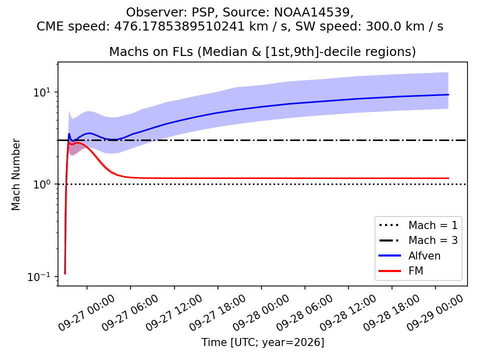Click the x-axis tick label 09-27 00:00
tap(86, 312)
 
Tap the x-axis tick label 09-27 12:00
tap(173, 312)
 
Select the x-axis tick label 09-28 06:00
tap(304, 312)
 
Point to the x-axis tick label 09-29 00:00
tap(434, 312)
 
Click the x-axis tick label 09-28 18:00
tap(391, 312)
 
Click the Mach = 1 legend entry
tap(418, 225)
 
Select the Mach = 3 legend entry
tap(418, 240)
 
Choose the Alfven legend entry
tap(409, 255)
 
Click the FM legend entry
tap(401, 271)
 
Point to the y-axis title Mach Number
tap(15, 174)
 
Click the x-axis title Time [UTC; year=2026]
tap(262, 342)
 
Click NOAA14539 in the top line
tap(312, 12)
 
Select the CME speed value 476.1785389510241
tap(179, 26)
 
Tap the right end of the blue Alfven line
tap(448, 94)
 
